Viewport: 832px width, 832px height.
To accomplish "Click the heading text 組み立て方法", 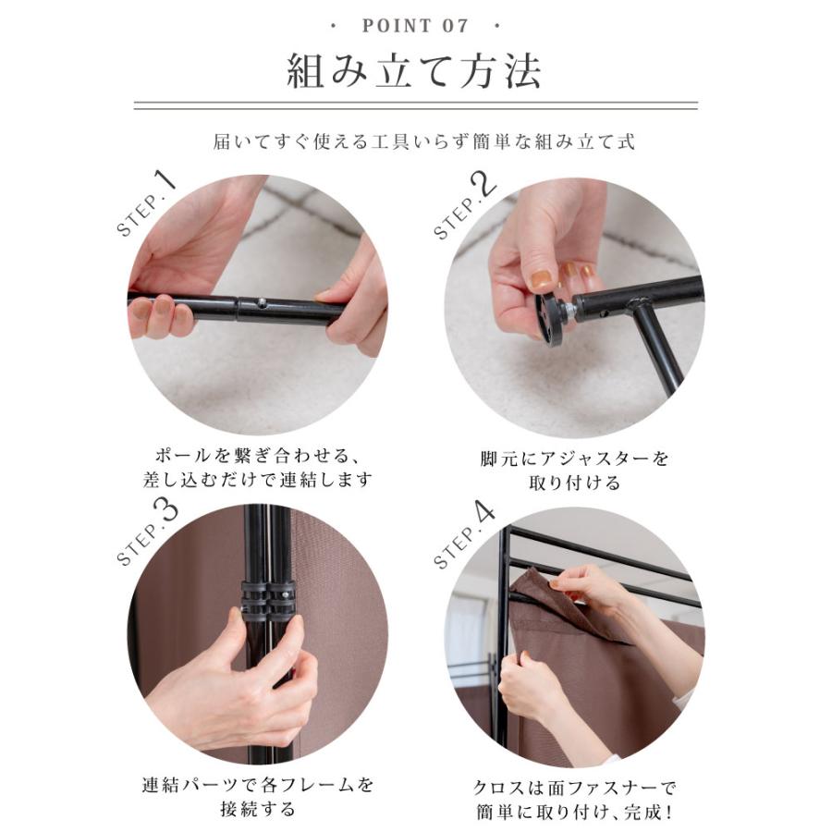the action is coord(414,70).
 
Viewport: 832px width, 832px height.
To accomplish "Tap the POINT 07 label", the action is coord(415,26).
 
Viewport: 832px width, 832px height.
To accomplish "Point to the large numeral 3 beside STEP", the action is coord(166,515).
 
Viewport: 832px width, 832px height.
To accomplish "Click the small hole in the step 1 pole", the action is coord(261,303).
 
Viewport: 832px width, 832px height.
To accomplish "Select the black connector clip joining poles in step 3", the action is coord(267,600).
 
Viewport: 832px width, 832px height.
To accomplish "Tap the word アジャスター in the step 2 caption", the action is coord(596,459).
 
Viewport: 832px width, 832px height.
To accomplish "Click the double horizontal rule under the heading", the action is coord(415,105).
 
